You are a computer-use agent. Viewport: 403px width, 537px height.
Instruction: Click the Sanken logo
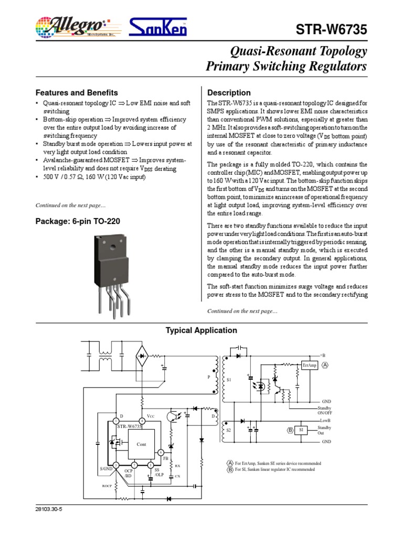pyautogui.click(x=158, y=27)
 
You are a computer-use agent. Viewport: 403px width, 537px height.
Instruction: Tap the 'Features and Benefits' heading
pyautogui.click(x=76, y=93)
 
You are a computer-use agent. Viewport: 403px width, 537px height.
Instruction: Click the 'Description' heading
pyautogui.click(x=229, y=93)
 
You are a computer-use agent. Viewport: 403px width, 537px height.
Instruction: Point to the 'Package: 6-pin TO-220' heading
pyautogui.click(x=78, y=221)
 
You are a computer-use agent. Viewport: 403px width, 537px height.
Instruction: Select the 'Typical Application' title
pyautogui.click(x=201, y=330)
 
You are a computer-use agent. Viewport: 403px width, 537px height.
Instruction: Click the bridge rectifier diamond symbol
pyautogui.click(x=142, y=356)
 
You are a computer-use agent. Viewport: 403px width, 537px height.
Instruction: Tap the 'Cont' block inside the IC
pyautogui.click(x=141, y=444)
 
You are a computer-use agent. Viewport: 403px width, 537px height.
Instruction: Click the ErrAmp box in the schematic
pyautogui.click(x=310, y=366)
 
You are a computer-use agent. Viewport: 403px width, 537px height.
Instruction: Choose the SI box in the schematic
pyautogui.click(x=301, y=430)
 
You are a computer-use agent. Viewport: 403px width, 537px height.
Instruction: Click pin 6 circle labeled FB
pyautogui.click(x=161, y=452)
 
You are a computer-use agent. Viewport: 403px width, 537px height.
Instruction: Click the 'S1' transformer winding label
pyautogui.click(x=228, y=379)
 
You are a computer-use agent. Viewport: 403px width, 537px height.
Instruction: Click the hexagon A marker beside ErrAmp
pyautogui.click(x=325, y=365)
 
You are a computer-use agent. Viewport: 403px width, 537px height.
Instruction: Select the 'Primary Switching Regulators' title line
pyautogui.click(x=286, y=67)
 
